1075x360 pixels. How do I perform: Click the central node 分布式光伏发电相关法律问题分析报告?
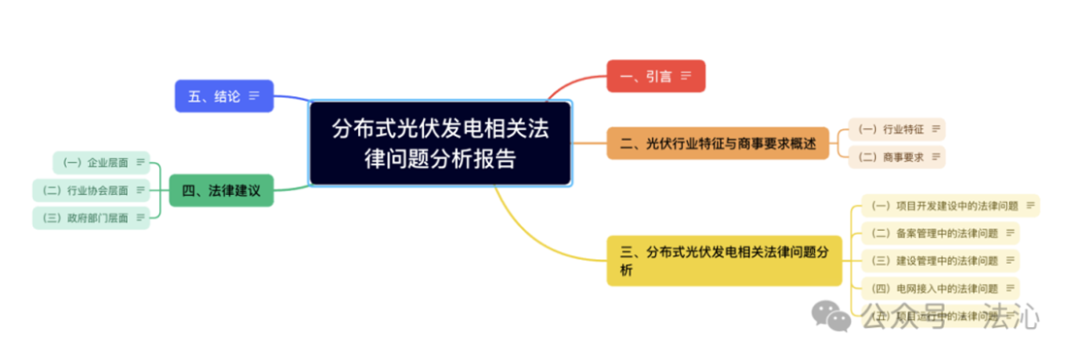coord(440,142)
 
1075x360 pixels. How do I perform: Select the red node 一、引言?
coord(655,76)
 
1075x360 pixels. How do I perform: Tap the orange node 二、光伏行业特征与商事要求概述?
coord(717,144)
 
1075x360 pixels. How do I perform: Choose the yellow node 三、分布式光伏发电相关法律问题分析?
coord(724,260)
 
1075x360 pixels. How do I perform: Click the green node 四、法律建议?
coord(221,190)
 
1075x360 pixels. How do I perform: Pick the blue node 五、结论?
coord(223,95)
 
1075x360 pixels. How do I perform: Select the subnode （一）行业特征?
coord(896,129)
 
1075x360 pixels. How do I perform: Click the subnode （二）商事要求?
coord(896,157)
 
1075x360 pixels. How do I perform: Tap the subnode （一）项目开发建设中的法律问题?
coord(949,206)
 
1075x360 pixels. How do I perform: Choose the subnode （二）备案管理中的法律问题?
coord(939,233)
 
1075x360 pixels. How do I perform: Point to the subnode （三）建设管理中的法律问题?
coord(939,260)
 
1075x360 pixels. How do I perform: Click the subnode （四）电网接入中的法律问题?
coord(939,288)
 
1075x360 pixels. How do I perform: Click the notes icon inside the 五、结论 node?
coord(254,95)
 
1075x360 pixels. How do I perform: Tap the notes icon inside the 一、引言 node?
coord(686,76)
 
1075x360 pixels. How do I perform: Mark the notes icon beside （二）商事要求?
coord(934,157)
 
